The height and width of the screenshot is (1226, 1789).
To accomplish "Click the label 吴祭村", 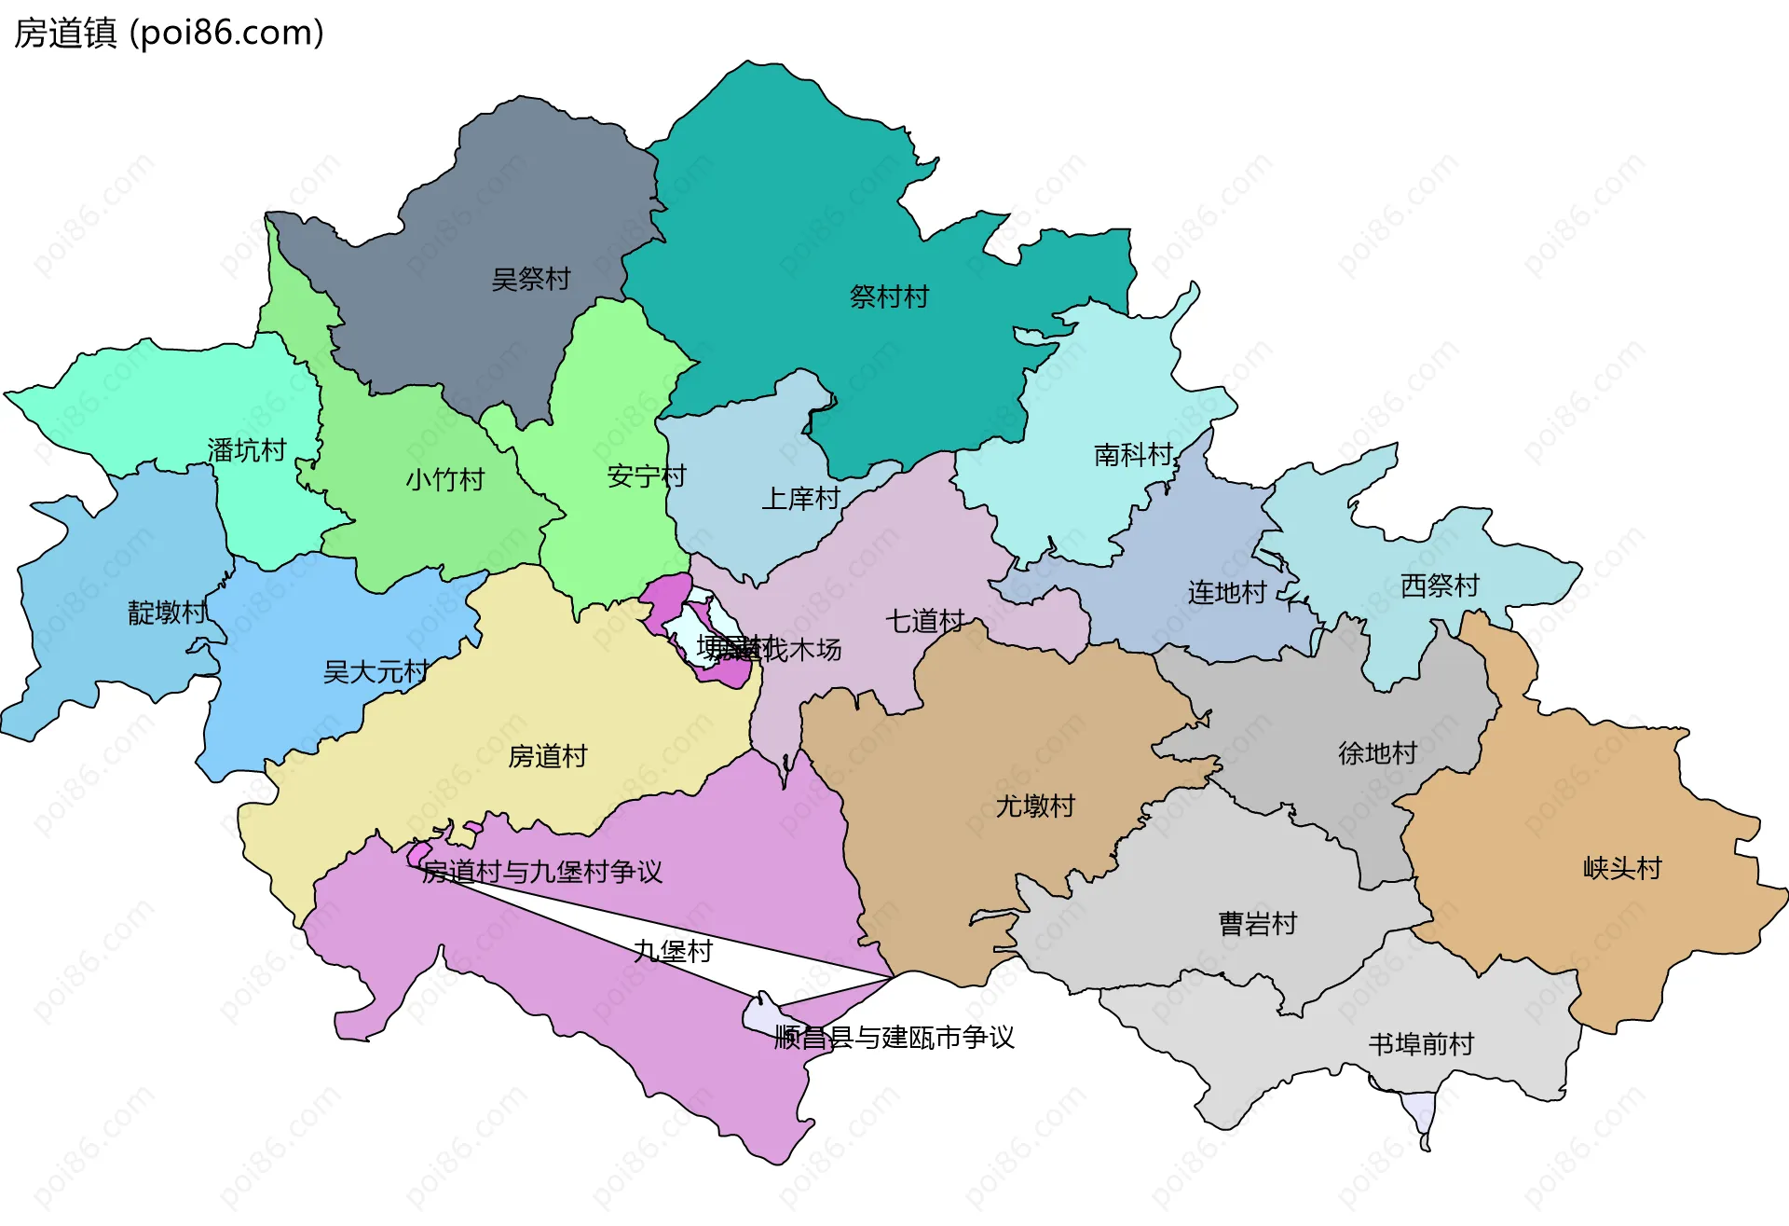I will click(x=530, y=279).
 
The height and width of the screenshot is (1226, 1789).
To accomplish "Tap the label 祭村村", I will click(x=889, y=296).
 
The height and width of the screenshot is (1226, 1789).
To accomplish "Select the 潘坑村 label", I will click(x=246, y=450).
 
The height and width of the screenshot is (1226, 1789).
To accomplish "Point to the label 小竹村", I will click(x=444, y=479).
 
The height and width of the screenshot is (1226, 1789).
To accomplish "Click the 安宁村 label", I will click(x=646, y=476).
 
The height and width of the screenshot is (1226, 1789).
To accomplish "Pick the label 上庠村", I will click(x=800, y=499).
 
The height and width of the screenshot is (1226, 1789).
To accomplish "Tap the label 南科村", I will click(x=1133, y=455).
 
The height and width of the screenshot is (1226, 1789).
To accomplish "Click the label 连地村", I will click(x=1227, y=592).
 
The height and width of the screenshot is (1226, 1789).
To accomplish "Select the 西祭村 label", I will click(x=1440, y=585).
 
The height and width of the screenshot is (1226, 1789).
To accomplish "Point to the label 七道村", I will click(x=924, y=621).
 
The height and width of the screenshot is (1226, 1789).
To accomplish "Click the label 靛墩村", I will click(x=167, y=613).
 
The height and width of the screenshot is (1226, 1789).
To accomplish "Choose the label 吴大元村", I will click(x=376, y=671).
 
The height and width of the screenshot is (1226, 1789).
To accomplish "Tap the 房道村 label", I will click(x=547, y=756).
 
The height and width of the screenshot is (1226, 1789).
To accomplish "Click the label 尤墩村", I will click(x=1035, y=806).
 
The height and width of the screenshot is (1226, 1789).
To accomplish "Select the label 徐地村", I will click(x=1377, y=752).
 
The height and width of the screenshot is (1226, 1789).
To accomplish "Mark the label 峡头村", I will click(x=1622, y=868).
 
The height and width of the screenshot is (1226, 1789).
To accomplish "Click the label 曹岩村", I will click(x=1258, y=924).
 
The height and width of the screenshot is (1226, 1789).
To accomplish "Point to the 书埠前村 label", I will click(x=1421, y=1044).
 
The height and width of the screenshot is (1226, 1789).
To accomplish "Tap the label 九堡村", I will click(x=673, y=951).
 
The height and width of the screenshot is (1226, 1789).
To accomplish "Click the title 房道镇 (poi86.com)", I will click(x=169, y=33).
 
